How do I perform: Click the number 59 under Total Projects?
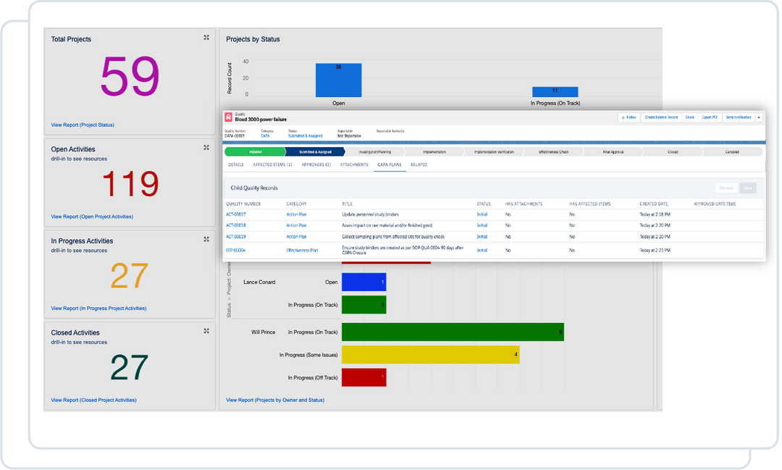tap(130, 76)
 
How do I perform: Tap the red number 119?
tap(130, 185)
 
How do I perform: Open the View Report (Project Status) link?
tap(83, 125)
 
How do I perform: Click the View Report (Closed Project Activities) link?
tap(93, 400)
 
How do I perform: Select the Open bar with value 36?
tap(338, 80)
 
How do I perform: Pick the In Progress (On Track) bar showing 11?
tap(555, 92)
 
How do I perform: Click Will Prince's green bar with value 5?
tap(453, 332)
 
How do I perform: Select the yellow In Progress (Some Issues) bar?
tap(430, 355)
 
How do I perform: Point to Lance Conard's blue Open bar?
tap(363, 282)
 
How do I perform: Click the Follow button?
tap(628, 117)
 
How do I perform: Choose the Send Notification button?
tap(739, 117)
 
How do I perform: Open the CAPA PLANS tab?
tap(389, 164)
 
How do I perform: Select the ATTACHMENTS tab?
tap(354, 164)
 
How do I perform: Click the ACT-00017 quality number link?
tap(235, 214)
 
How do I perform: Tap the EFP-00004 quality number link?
tap(235, 250)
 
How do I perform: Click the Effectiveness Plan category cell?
tap(302, 250)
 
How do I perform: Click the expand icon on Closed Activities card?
tap(206, 331)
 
